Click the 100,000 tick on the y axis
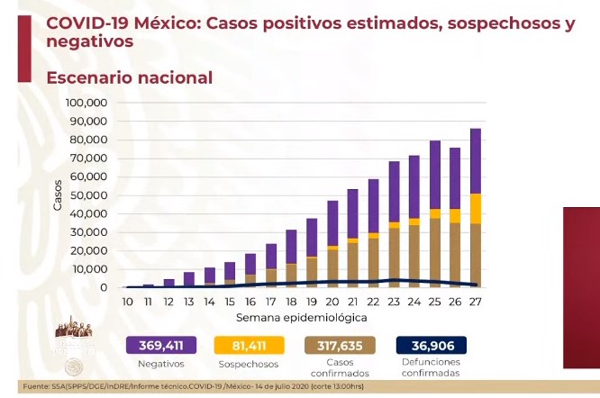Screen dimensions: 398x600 click(86, 104)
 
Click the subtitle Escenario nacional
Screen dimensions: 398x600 click(130, 78)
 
